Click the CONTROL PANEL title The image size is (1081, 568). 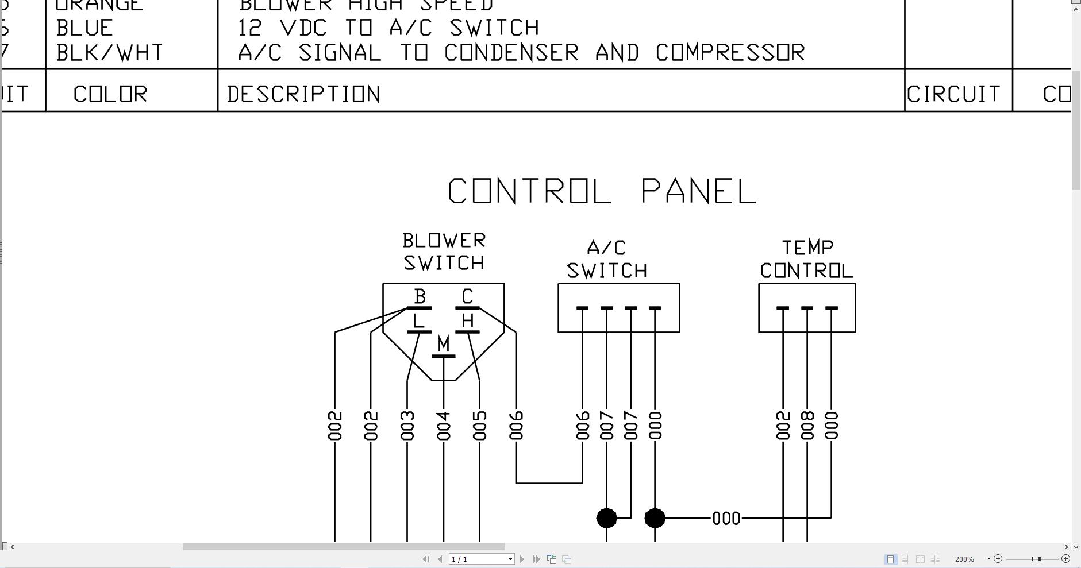tap(602, 191)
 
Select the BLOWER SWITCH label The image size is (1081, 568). tap(444, 252)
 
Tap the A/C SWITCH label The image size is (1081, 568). tap(607, 259)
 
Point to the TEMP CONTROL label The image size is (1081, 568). tap(806, 259)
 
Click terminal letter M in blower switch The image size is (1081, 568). tap(443, 344)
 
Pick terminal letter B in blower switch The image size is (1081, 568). tap(420, 296)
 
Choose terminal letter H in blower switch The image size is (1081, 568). tap(467, 320)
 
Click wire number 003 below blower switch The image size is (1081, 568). tap(407, 426)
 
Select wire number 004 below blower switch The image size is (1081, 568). tap(443, 426)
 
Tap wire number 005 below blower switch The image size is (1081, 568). tap(479, 426)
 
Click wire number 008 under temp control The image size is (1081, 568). tap(807, 426)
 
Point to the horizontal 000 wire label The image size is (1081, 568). tap(726, 519)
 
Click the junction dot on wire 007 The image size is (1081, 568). tap(607, 518)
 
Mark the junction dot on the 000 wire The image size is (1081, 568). tap(655, 518)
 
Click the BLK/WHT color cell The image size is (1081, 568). tap(109, 53)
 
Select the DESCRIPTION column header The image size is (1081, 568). tap(303, 94)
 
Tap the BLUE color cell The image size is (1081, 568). tap(84, 28)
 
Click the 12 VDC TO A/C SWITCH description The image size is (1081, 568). tap(388, 28)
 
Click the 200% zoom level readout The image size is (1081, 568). tap(964, 559)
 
